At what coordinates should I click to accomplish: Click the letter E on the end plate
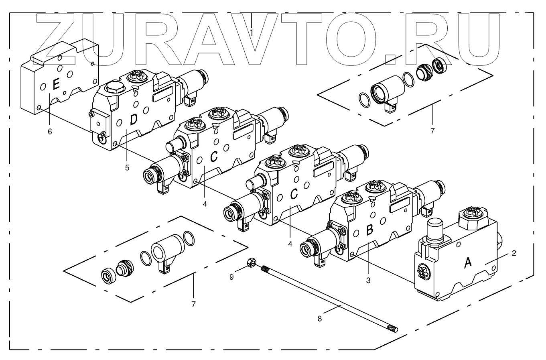56,85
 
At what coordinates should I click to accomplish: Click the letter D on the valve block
134,119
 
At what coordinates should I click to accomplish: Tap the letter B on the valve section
370,230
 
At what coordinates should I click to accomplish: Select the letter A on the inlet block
467,263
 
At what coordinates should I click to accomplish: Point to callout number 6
50,131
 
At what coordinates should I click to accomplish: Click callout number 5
127,168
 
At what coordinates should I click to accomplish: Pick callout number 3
368,281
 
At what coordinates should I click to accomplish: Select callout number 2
514,253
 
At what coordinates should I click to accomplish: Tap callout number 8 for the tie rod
320,319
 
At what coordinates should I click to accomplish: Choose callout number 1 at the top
251,32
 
